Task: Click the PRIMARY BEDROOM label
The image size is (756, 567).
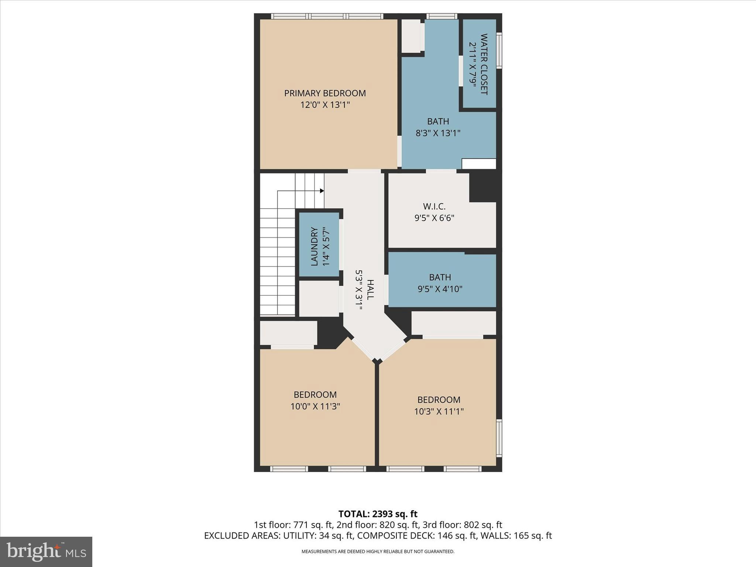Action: pos(325,93)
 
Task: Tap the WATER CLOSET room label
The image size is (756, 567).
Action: pos(484,64)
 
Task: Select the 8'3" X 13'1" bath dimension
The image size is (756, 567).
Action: pos(438,133)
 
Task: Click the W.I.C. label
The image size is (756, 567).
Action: pos(434,206)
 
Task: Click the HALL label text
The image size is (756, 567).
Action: pos(370,289)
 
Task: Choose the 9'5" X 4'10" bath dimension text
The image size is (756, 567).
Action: pos(440,289)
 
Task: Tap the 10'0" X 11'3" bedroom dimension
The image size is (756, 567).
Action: pos(315,406)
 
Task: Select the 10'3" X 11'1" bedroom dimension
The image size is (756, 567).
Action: pos(439,411)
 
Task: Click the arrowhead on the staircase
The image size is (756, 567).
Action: pos(322,191)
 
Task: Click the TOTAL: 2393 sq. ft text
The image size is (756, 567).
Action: pos(378,514)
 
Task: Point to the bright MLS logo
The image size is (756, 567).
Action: pos(46,551)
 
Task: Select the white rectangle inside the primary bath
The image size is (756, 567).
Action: pos(478,164)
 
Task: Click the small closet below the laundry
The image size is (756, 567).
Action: pos(319,299)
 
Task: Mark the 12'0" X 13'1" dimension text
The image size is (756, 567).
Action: pos(325,105)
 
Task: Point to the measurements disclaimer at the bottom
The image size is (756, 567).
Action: pos(378,551)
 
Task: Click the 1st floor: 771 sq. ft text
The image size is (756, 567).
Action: pos(293,525)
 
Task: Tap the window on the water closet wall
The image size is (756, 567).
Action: pos(499,51)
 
